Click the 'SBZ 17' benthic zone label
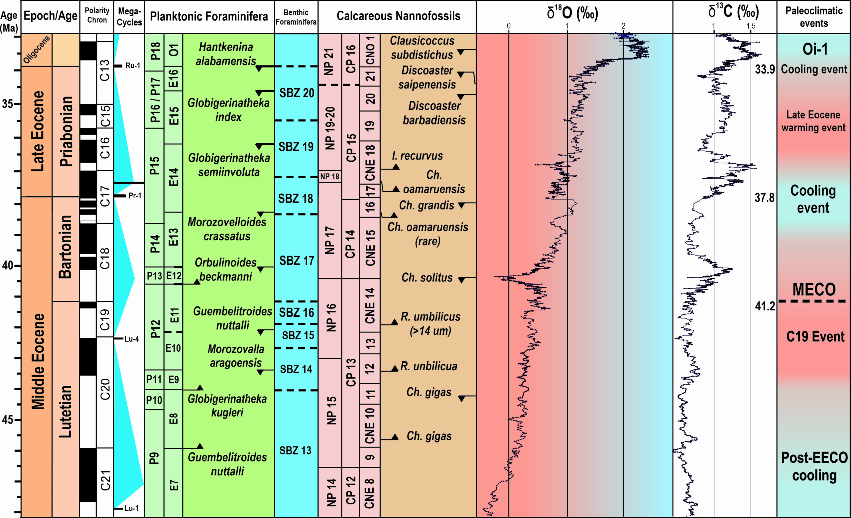pyautogui.click(x=296, y=260)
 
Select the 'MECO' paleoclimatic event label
pyautogui.click(x=814, y=289)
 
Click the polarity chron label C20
pyautogui.click(x=105, y=389)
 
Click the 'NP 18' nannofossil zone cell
pyautogui.click(x=329, y=177)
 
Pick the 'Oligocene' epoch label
pyautogui.click(x=37, y=50)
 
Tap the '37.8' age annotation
pyautogui.click(x=764, y=198)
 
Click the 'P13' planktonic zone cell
pyautogui.click(x=154, y=276)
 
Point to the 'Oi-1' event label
pyautogui.click(x=814, y=49)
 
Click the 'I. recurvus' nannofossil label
pyautogui.click(x=417, y=156)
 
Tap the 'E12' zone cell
pyautogui.click(x=174, y=276)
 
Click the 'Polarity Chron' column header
pyautogui.click(x=97, y=16)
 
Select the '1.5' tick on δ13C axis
pyautogui.click(x=751, y=26)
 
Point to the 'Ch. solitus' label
pyautogui.click(x=427, y=277)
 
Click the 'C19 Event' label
pyautogui.click(x=815, y=337)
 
